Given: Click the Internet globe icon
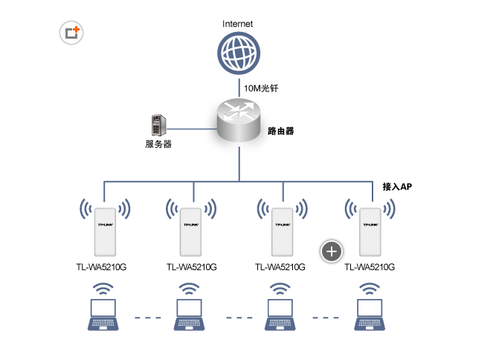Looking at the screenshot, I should point(238,53).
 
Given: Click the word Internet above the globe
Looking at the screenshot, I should point(238,24).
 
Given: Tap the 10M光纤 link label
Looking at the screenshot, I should point(261,89).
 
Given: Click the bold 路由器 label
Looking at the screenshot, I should point(280,131).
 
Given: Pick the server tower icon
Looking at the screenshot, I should point(158,124).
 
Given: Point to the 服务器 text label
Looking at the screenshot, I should point(158,144).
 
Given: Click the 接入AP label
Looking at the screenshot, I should point(397,187).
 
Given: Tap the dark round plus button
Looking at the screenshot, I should point(332,251).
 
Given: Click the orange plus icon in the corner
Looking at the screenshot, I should point(72,33).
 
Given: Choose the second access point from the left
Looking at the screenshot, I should point(190,231).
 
